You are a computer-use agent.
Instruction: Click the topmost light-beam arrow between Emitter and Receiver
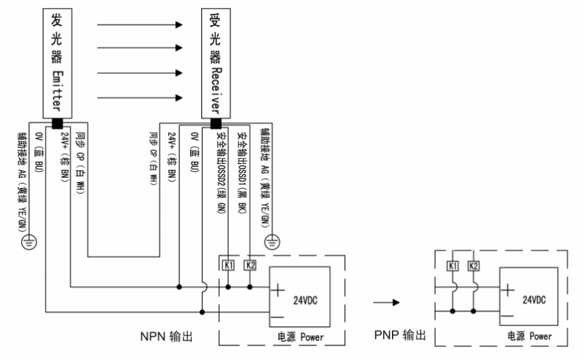[139, 24]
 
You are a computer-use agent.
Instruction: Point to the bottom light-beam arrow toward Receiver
[139, 96]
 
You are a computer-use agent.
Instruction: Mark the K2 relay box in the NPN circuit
[250, 263]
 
